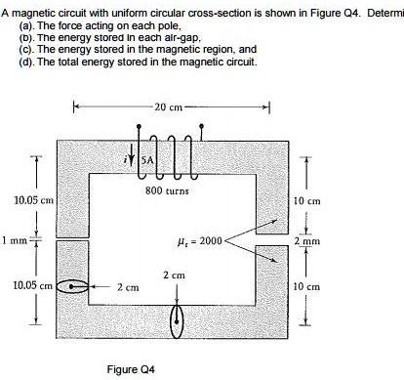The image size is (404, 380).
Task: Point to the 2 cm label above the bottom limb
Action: tap(174, 275)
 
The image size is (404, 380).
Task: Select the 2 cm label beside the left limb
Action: tap(127, 289)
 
